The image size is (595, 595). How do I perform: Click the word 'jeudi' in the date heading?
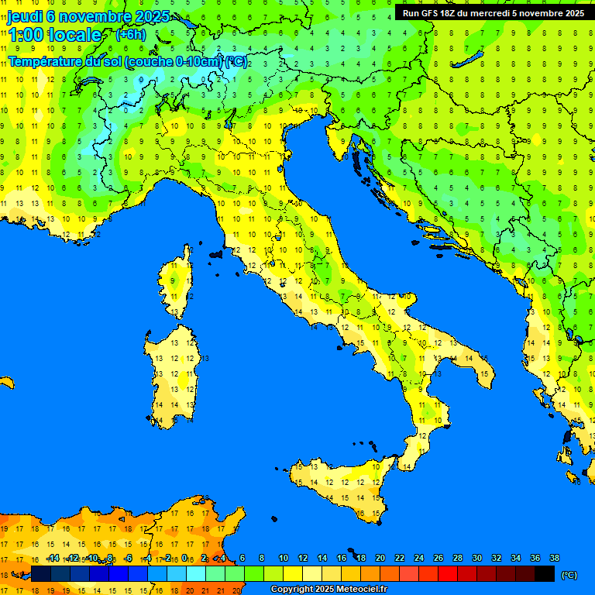tap(25, 15)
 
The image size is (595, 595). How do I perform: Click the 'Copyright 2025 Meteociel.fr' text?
tap(329, 589)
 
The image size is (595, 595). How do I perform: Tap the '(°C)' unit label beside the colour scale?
tap(569, 575)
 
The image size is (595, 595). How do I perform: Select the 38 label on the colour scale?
tap(554, 558)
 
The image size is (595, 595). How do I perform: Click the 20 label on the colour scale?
tap(380, 558)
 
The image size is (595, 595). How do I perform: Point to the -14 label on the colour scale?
tap(53, 558)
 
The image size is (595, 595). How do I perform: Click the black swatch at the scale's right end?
tap(545, 574)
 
